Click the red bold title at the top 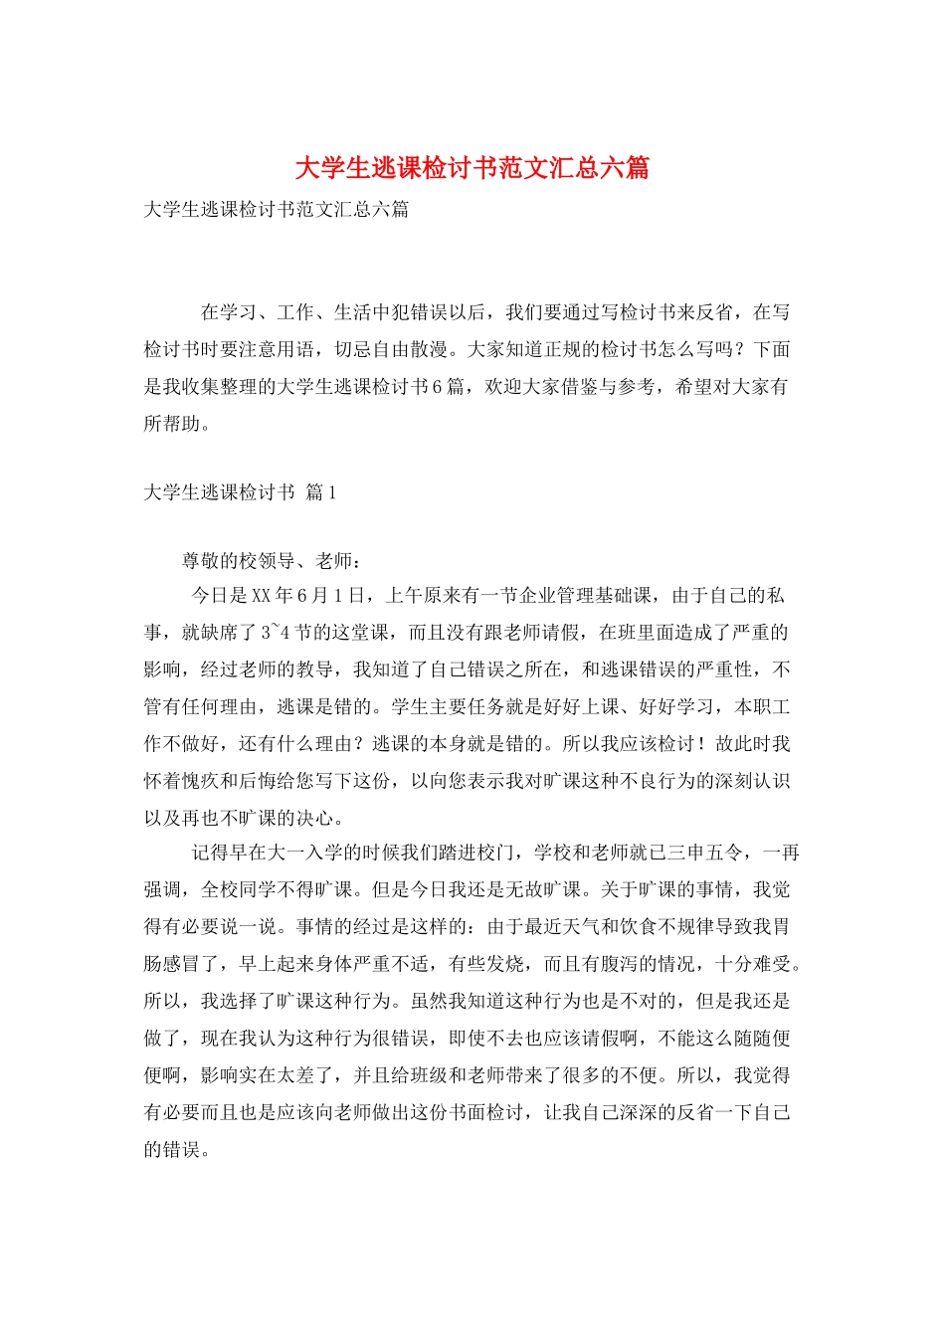pos(472,167)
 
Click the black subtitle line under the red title pos(276,210)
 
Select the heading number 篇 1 pos(321,492)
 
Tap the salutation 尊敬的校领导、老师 pos(266,561)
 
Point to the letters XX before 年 pos(261,596)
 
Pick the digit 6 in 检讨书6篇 pos(436,387)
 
